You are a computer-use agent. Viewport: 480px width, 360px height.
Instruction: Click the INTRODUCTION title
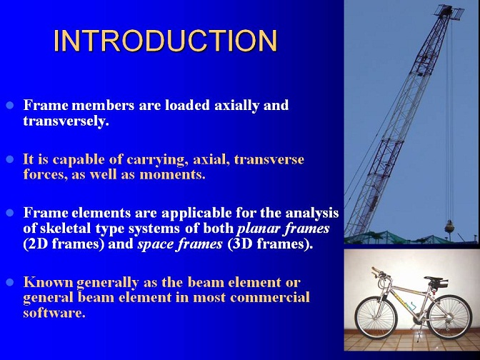coord(165,41)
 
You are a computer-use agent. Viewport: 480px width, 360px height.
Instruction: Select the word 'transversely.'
coord(66,121)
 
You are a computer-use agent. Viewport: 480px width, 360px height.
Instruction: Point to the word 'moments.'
coord(172,175)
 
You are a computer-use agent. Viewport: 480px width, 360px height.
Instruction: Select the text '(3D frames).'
coord(270,244)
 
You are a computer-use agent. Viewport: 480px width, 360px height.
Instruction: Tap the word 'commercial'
coord(270,297)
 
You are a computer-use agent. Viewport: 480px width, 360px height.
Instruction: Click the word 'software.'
coord(54,313)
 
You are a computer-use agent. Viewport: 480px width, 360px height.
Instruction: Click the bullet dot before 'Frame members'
coord(10,106)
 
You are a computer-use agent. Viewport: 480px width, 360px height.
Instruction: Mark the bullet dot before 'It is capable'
coord(10,159)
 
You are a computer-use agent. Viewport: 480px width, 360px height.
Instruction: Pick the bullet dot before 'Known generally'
coord(10,282)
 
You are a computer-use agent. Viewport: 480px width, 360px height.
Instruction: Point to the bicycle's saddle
coord(434,279)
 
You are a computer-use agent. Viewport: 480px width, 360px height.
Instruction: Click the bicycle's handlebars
coord(379,273)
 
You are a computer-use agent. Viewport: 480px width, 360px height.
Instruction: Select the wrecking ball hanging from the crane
coord(449,226)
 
